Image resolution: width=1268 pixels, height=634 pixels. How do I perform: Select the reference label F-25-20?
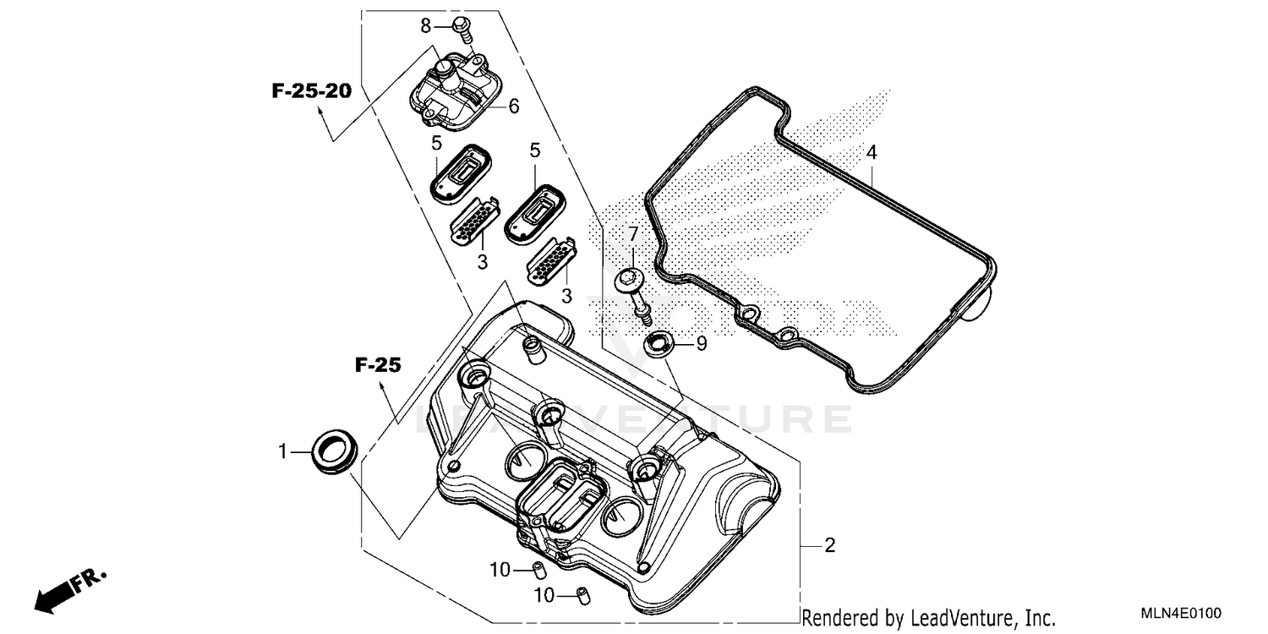tap(311, 91)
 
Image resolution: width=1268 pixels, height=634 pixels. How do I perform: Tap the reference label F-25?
tap(377, 365)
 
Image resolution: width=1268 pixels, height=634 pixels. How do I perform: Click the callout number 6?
tap(513, 107)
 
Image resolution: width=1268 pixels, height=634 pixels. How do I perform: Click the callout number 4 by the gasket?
tap(872, 153)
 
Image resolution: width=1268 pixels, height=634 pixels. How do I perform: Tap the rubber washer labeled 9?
tap(658, 343)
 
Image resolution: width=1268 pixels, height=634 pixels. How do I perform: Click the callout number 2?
tap(829, 545)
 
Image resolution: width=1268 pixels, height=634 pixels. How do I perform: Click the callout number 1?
tap(284, 452)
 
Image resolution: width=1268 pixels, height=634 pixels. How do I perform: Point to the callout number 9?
tap(701, 344)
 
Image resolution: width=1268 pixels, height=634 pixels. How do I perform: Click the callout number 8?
tap(426, 26)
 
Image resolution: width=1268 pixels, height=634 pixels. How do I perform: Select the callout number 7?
tap(631, 233)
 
